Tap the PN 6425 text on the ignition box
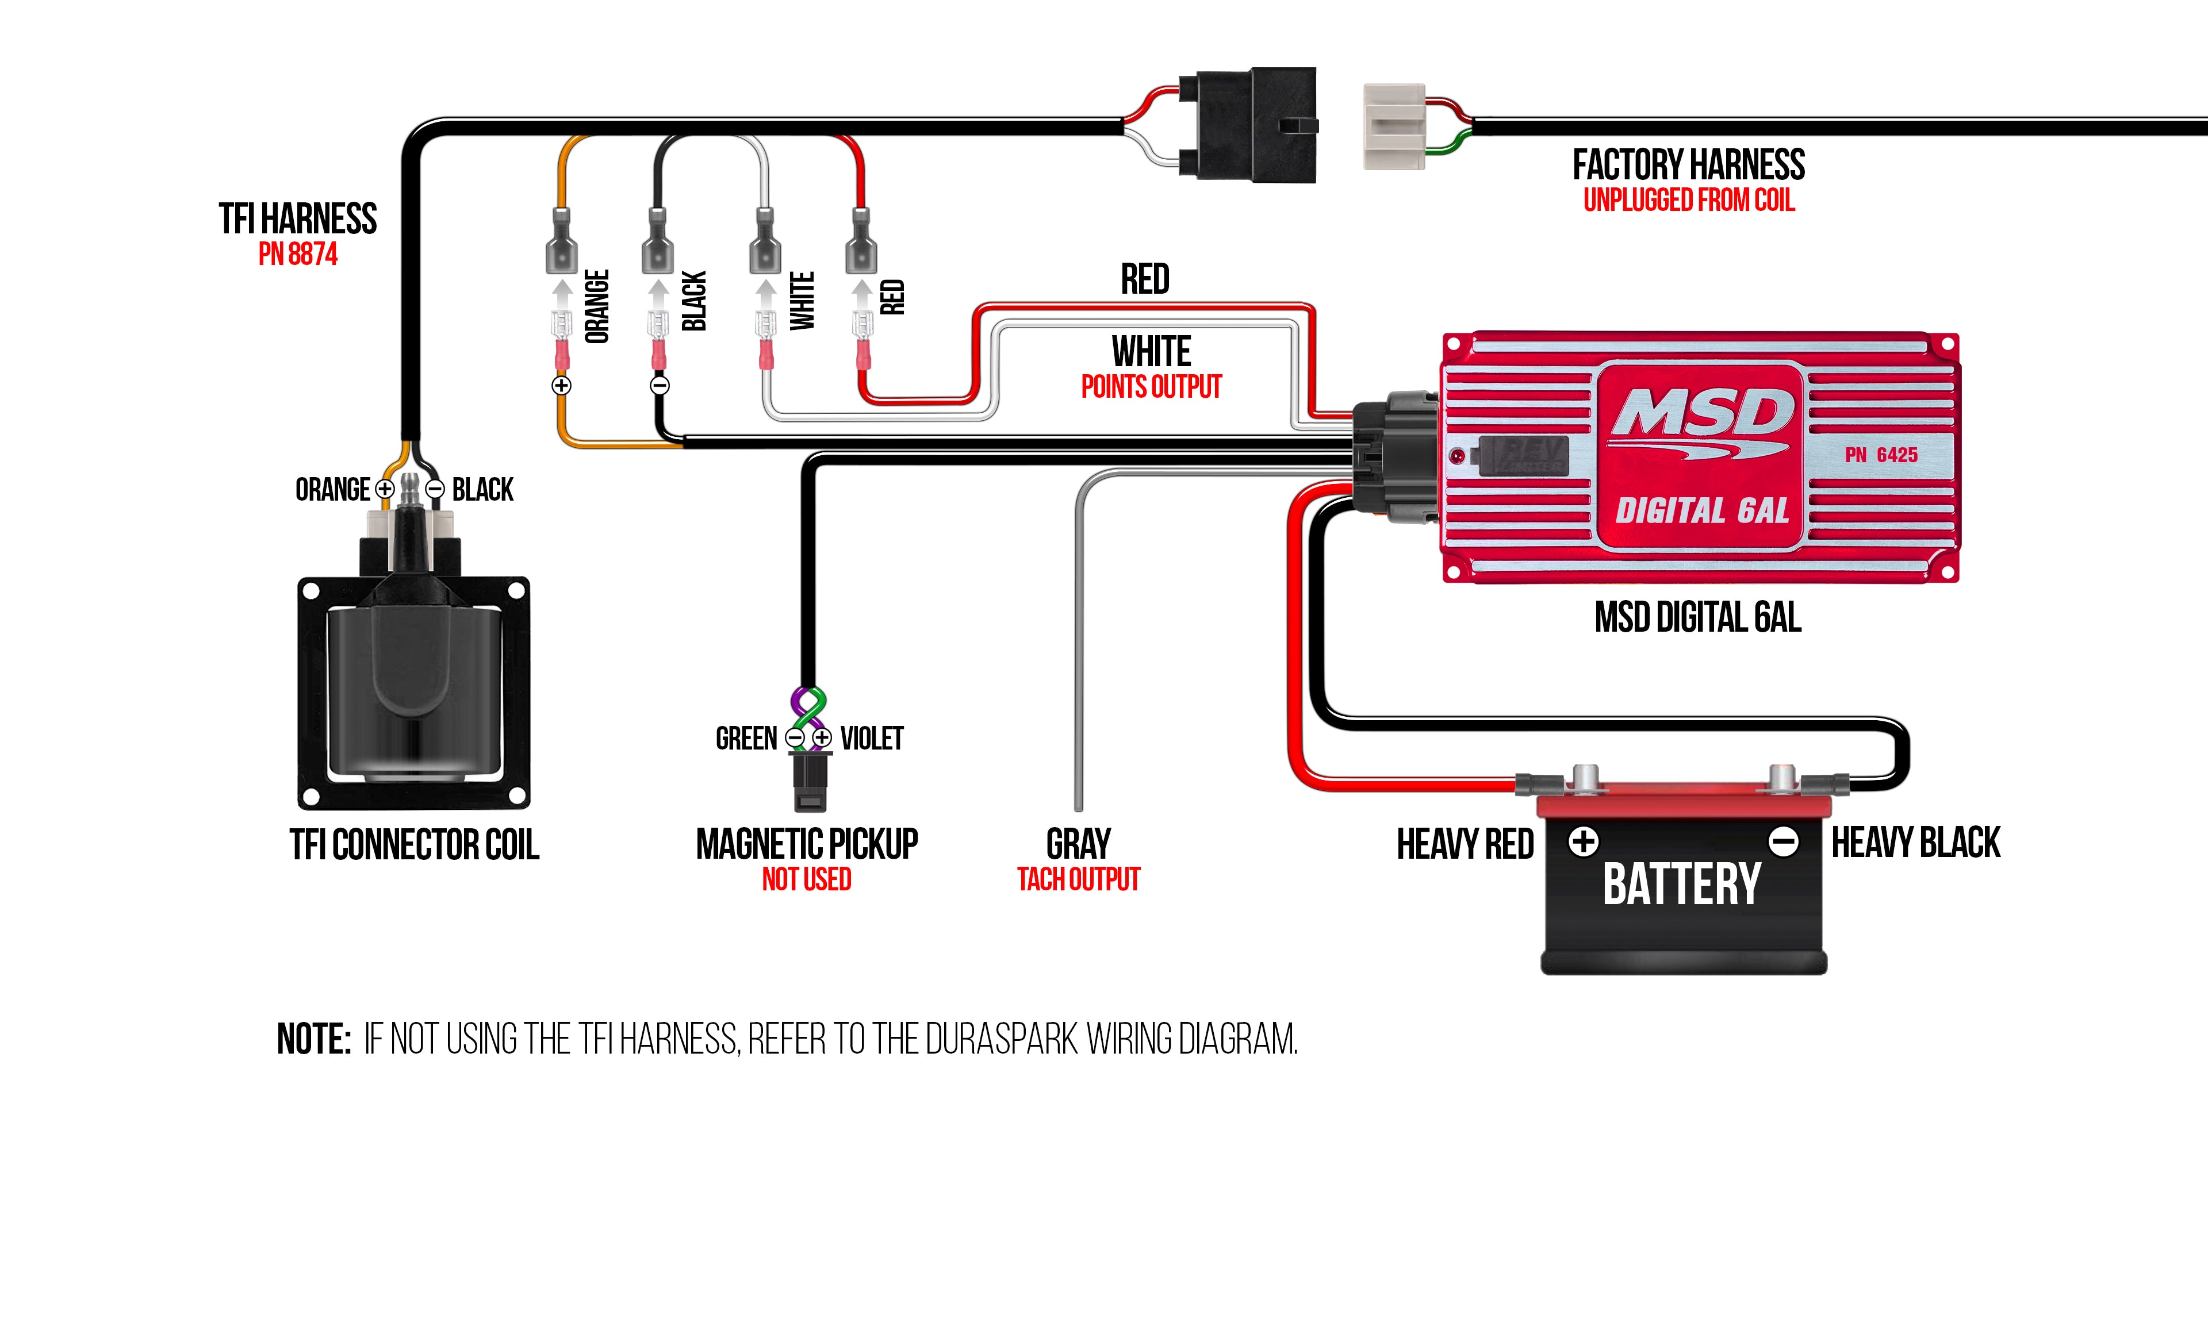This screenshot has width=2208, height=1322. (x=1880, y=455)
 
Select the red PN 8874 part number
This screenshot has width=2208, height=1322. (x=298, y=255)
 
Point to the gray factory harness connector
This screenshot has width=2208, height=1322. (x=1394, y=126)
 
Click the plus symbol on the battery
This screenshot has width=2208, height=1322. (x=1584, y=841)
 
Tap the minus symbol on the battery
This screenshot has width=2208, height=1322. (x=1784, y=841)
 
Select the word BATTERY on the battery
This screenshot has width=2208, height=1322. (x=1681, y=885)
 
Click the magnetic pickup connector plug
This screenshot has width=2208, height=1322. (x=809, y=782)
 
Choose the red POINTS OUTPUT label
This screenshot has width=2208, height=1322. (x=1151, y=387)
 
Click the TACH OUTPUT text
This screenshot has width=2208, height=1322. (x=1078, y=880)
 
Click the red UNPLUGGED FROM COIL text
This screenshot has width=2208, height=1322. (x=1689, y=201)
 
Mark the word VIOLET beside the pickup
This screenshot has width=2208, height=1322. (x=872, y=739)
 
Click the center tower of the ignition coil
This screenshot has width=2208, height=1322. (x=410, y=525)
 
